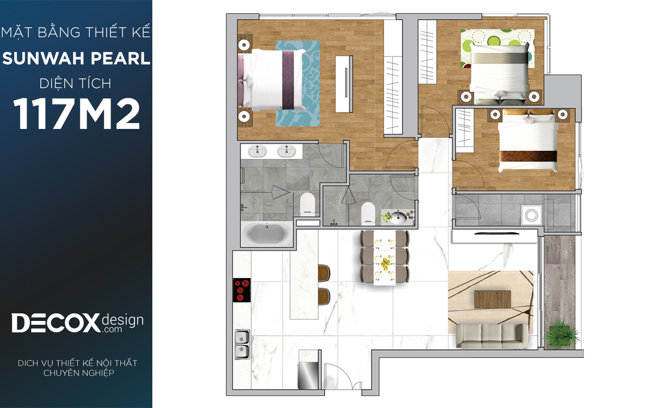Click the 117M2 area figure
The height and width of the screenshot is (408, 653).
click(x=76, y=114)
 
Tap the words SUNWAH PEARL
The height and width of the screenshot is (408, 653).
click(x=76, y=58)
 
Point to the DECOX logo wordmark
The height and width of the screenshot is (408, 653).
click(x=56, y=323)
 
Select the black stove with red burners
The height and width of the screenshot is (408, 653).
click(x=242, y=290)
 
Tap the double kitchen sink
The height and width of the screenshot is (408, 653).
click(x=242, y=344)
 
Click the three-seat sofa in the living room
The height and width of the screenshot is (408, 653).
click(x=492, y=336)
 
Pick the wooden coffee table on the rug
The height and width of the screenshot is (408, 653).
click(x=492, y=299)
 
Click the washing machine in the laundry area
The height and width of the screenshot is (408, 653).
click(x=532, y=215)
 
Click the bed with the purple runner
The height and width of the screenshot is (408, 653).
click(x=271, y=80)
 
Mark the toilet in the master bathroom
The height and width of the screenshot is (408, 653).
click(x=307, y=203)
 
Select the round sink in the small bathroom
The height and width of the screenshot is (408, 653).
click(x=398, y=218)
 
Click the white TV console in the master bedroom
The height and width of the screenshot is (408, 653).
click(x=344, y=84)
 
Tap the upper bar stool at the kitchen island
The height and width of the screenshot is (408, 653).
click(x=324, y=273)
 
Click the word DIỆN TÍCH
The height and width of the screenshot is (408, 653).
click(x=76, y=84)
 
